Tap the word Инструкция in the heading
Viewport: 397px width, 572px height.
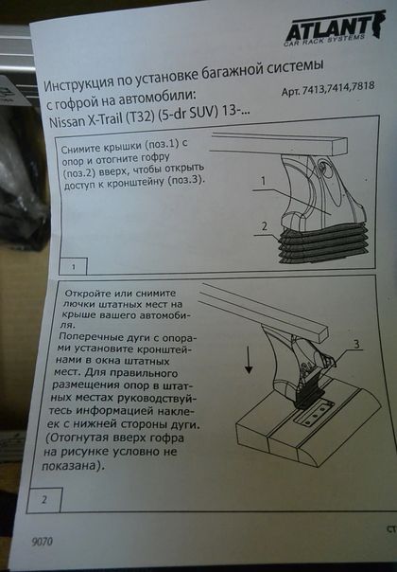click(x=78, y=83)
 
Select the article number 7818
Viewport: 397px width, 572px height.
click(x=362, y=86)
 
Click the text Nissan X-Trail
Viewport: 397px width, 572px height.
click(x=86, y=120)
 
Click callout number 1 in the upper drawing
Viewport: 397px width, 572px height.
click(x=263, y=181)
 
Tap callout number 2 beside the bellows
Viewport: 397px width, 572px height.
click(x=264, y=226)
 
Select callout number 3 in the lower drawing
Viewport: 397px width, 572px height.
click(x=356, y=343)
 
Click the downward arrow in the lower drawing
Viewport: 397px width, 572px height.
click(x=249, y=359)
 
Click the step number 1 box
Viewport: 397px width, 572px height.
click(x=73, y=266)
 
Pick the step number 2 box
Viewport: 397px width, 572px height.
click(x=44, y=500)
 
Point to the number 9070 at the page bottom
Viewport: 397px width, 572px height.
click(x=43, y=542)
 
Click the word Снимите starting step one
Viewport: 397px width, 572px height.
click(x=81, y=148)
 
